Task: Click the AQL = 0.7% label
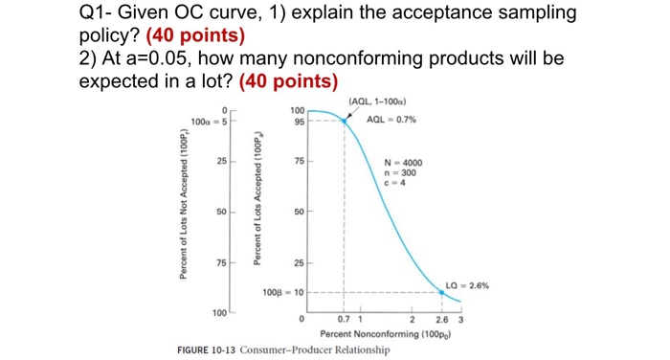pyautogui.click(x=392, y=121)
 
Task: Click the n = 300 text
pyautogui.click(x=398, y=172)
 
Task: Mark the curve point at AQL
pyautogui.click(x=345, y=121)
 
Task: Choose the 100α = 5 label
pyautogui.click(x=208, y=122)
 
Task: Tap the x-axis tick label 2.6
pyautogui.click(x=441, y=319)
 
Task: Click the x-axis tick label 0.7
pyautogui.click(x=344, y=319)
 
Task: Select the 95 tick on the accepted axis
pyautogui.click(x=299, y=122)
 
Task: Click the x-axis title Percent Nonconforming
pyautogui.click(x=380, y=333)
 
